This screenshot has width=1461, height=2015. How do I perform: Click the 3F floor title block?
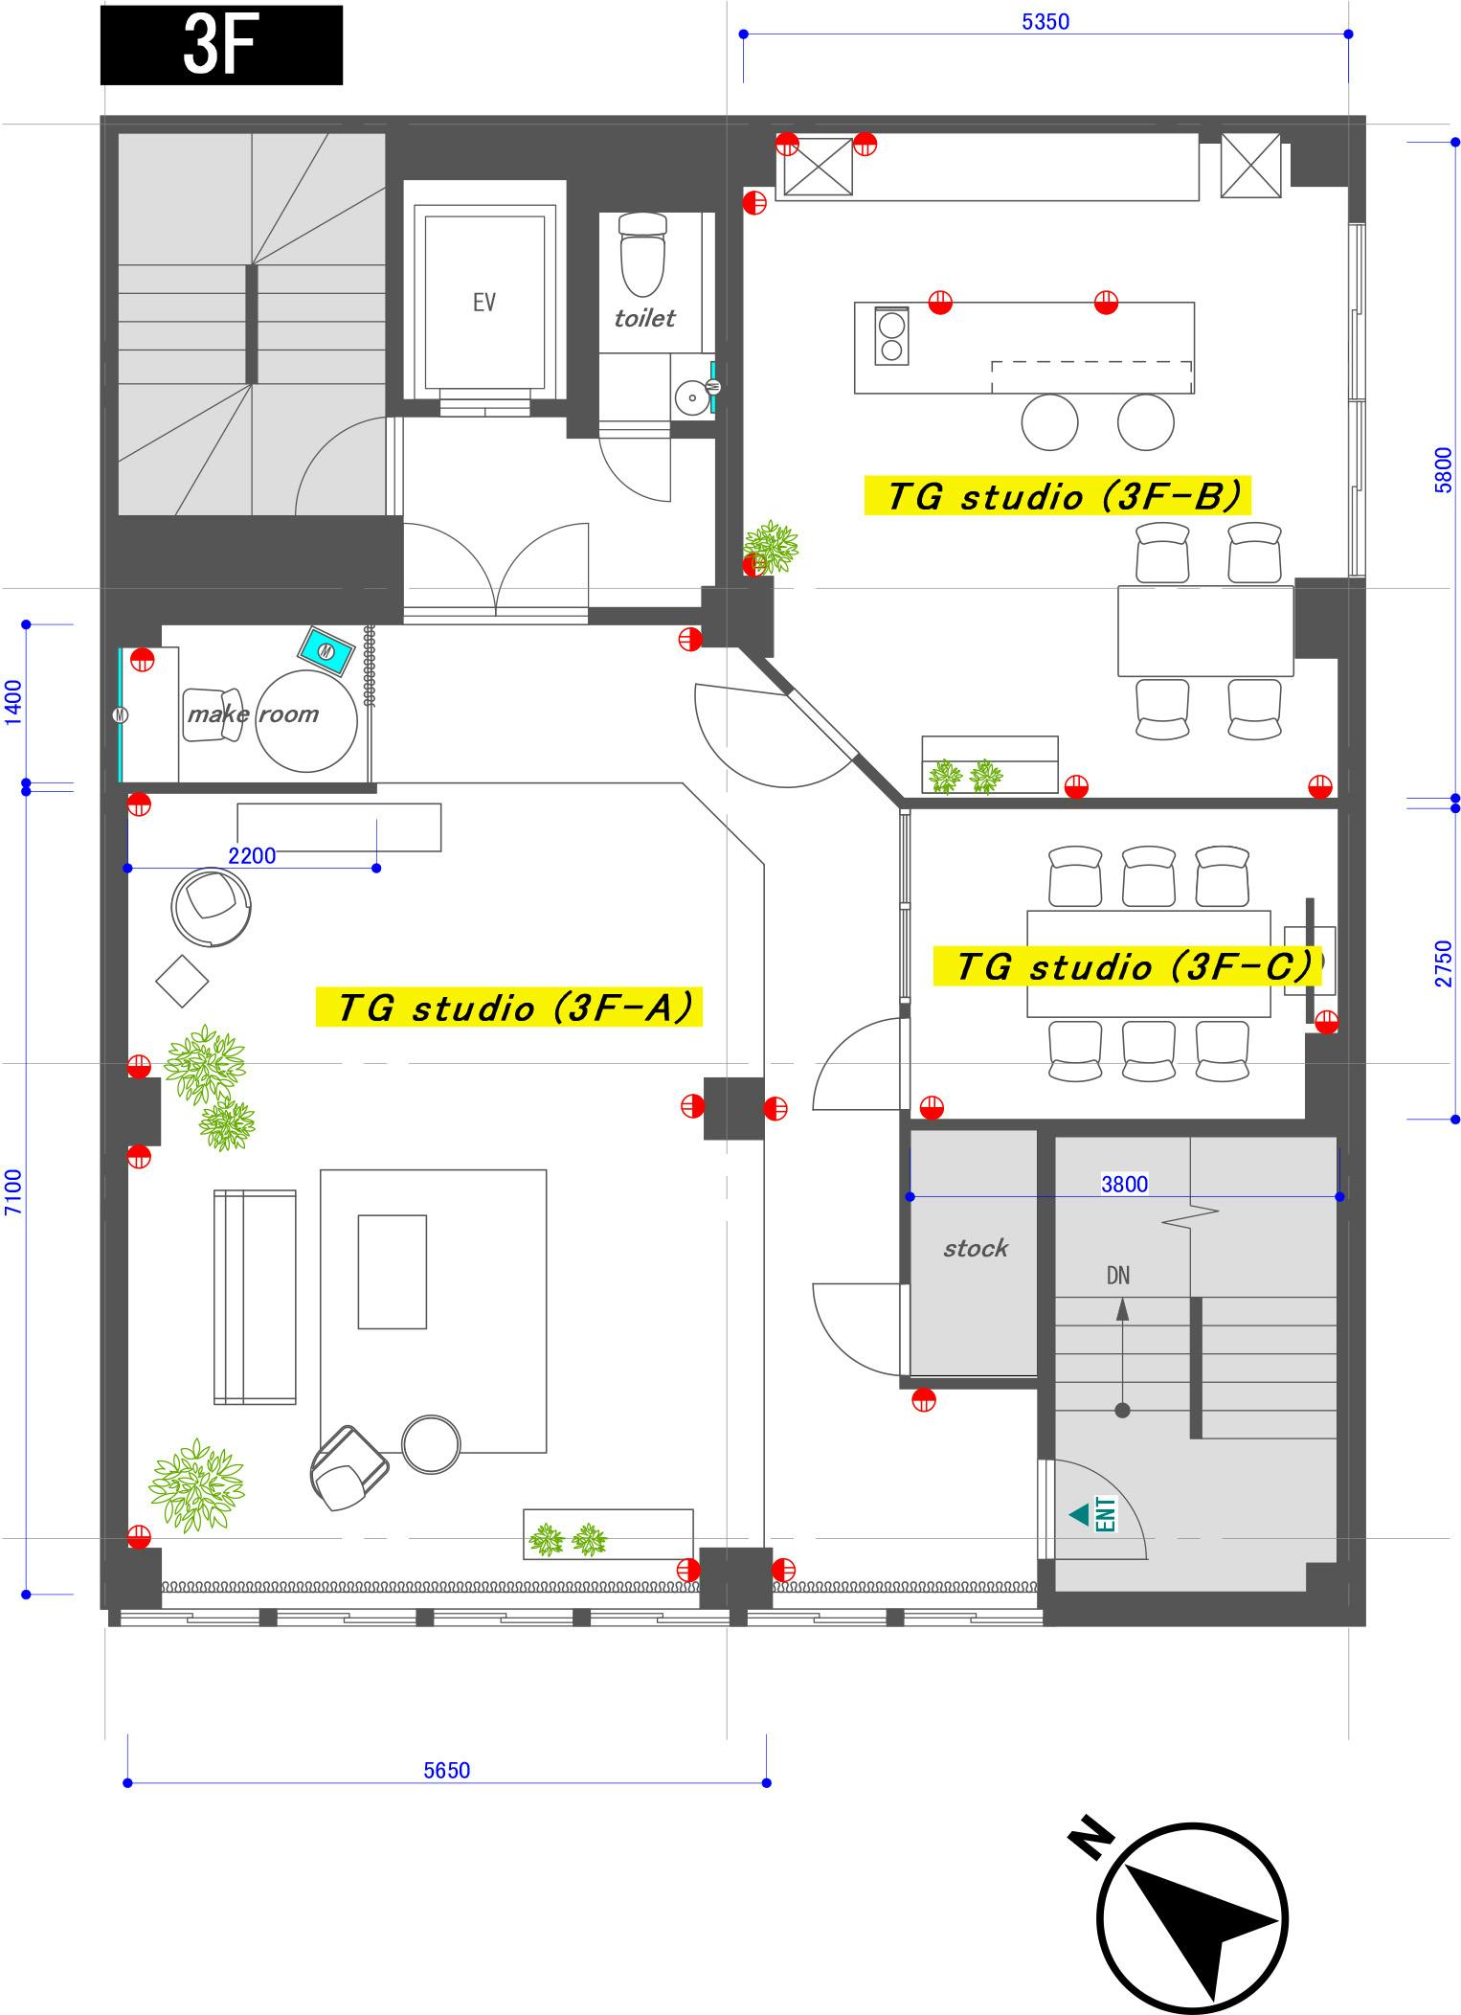tap(221, 45)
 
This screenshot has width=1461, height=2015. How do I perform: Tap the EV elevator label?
tap(484, 303)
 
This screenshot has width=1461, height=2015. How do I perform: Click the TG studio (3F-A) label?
tap(509, 1007)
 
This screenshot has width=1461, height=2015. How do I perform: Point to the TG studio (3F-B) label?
tap(1058, 496)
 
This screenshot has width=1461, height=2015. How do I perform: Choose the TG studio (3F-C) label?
tap(1127, 966)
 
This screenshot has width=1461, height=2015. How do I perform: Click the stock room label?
tap(975, 1248)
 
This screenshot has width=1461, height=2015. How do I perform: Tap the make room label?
tap(253, 713)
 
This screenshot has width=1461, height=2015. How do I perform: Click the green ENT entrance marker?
tap(1094, 1514)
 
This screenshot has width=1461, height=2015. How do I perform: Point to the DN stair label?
tap(1117, 1276)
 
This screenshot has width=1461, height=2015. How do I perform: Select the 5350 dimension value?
tap(1045, 21)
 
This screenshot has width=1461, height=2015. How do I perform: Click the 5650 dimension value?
tap(447, 1770)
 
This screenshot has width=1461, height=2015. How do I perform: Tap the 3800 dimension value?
tap(1124, 1184)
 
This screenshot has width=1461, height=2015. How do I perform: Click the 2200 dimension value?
tap(252, 855)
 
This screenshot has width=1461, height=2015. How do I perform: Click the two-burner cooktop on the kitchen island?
tap(891, 336)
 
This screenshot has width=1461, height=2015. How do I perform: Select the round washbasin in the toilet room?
tap(689, 396)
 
